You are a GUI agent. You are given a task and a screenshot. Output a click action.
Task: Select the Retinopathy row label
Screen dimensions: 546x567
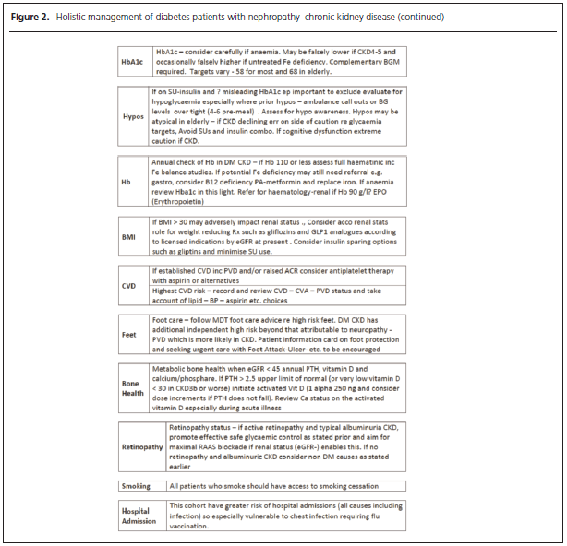coord(142,446)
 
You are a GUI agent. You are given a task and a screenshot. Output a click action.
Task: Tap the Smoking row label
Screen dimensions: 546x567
coord(135,486)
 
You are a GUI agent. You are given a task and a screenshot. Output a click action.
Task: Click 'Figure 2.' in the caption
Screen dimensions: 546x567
coord(28,18)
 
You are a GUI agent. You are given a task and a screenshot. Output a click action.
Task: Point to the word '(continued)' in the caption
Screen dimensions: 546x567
coord(416,18)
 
